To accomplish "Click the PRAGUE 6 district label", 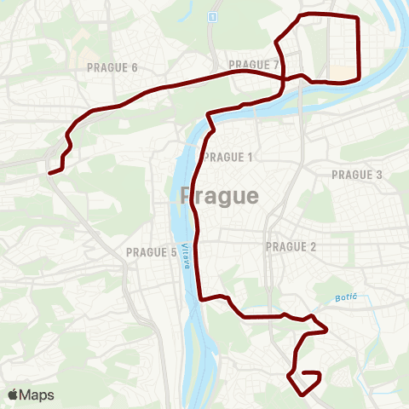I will (x=112, y=67).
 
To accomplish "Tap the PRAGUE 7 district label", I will (x=254, y=65).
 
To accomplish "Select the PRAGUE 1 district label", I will (x=229, y=157).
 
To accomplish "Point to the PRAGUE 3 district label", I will (x=357, y=175).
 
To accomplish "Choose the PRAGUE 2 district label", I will (x=291, y=247).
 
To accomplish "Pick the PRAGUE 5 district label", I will (x=151, y=252).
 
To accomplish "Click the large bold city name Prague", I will (x=220, y=196).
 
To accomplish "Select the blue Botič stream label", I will (x=343, y=296).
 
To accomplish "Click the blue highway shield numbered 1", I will (x=211, y=17).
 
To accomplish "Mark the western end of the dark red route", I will (x=49, y=173).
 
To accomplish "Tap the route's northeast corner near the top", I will (x=358, y=18).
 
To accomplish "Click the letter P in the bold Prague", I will (x=188, y=196).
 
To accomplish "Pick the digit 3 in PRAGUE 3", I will (x=379, y=175).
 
